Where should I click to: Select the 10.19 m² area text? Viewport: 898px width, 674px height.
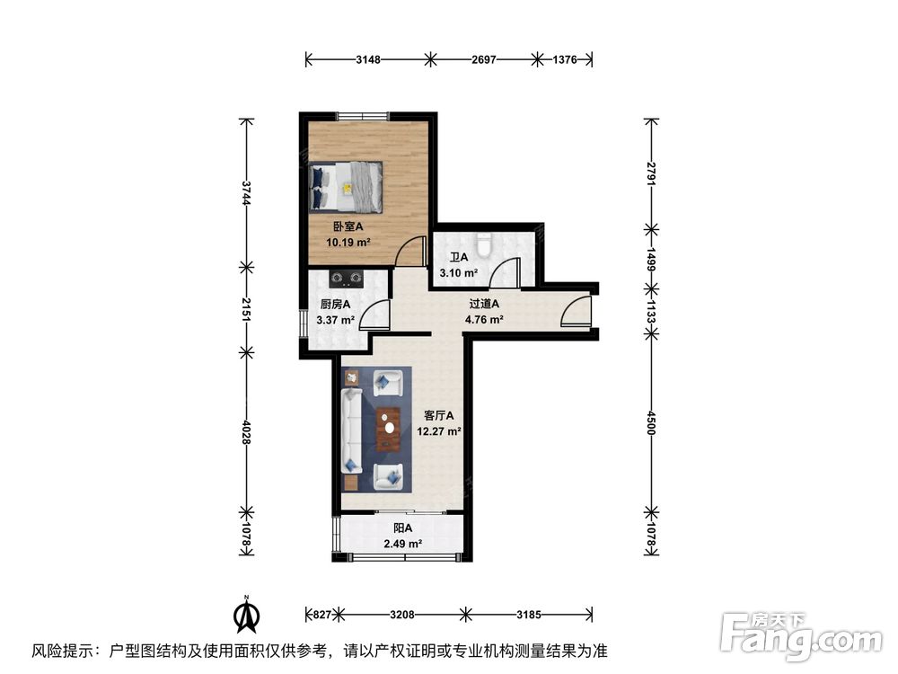[347, 243]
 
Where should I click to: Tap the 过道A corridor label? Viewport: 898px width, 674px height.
[483, 304]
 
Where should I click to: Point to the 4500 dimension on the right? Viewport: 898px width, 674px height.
[654, 422]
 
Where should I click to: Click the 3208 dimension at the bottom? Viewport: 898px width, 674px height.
[401, 616]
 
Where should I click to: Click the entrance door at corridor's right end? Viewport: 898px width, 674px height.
[575, 313]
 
